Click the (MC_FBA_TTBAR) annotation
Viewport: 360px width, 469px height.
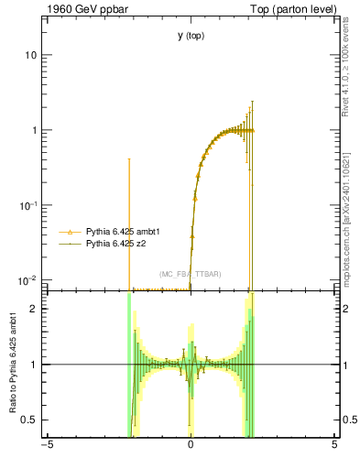190,275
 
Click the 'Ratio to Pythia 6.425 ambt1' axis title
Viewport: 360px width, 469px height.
12,363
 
